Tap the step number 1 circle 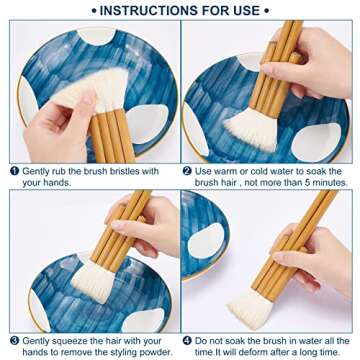tap(14, 171)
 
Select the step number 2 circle tap(187, 171)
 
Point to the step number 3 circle tap(14, 341)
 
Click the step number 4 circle tap(187, 341)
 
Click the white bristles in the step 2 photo tap(253, 129)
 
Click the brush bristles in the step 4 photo tap(251, 308)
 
